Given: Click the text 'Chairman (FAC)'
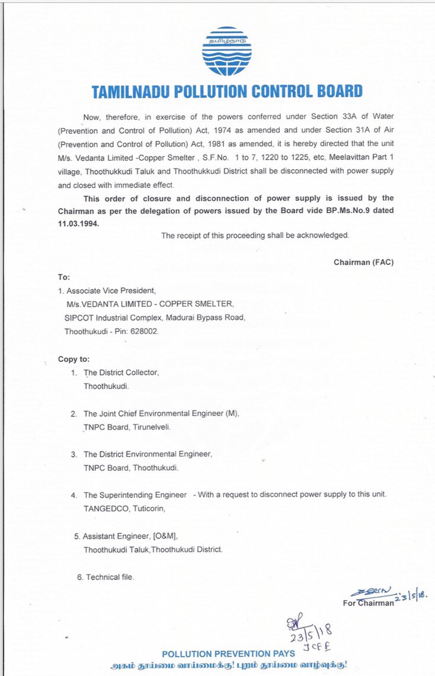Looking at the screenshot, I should tap(363, 262).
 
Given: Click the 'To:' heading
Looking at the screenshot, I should tap(63, 277).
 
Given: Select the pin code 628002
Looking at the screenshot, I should tap(143, 331).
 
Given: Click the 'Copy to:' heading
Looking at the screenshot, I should tap(74, 359).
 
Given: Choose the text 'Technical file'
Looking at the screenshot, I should tap(110, 576).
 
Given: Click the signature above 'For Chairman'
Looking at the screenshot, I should tap(370, 591).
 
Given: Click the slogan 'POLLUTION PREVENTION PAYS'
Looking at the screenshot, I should tap(228, 653).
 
